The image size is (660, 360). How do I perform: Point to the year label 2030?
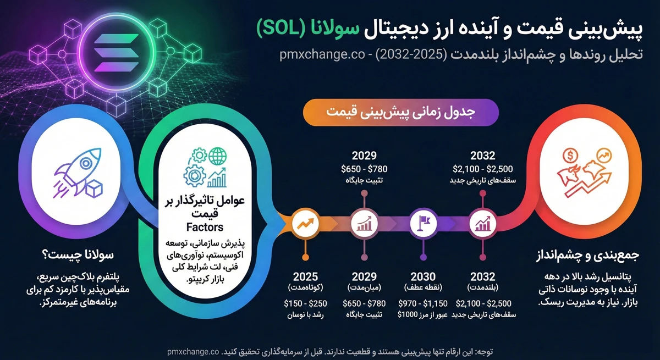[x=423, y=276]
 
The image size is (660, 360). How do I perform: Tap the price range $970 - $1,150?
[x=423, y=303]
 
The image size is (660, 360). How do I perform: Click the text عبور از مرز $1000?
[x=423, y=315]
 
